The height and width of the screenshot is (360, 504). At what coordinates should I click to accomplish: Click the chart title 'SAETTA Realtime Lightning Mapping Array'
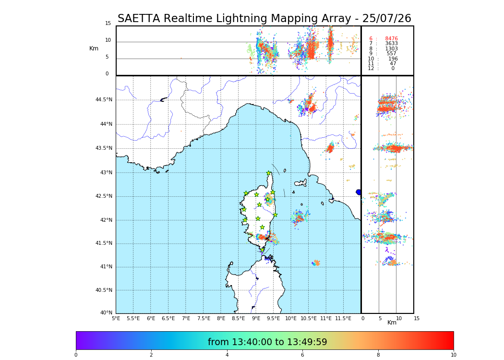264,19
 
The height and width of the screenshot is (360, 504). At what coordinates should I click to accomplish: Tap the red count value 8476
391,39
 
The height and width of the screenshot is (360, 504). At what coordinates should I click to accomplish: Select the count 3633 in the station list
391,44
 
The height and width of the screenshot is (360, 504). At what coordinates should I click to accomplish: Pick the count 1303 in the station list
391,49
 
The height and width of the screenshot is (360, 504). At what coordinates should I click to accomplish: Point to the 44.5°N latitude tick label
104,100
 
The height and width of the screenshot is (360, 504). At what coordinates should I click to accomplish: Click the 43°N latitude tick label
106,173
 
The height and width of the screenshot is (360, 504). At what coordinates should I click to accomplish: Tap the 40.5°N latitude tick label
104,290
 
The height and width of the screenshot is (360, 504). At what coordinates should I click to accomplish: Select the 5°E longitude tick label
116,318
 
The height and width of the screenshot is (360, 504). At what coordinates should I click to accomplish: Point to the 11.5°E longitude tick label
343,318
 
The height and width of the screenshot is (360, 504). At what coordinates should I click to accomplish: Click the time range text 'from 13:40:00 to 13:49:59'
267,342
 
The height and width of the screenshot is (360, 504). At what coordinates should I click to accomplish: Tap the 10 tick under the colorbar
453,355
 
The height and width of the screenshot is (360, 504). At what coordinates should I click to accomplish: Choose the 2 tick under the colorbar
151,355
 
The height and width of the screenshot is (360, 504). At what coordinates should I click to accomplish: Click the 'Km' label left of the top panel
94,48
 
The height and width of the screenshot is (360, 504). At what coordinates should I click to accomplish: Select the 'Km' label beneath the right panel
392,323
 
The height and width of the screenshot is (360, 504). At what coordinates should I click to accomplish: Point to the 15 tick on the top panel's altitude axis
108,24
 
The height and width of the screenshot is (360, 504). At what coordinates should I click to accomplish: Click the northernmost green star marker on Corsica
269,173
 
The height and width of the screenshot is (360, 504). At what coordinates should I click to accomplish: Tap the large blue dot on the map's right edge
359,192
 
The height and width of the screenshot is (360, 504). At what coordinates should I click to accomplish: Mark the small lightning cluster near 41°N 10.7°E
316,263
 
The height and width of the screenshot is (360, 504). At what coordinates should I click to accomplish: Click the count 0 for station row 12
393,69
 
